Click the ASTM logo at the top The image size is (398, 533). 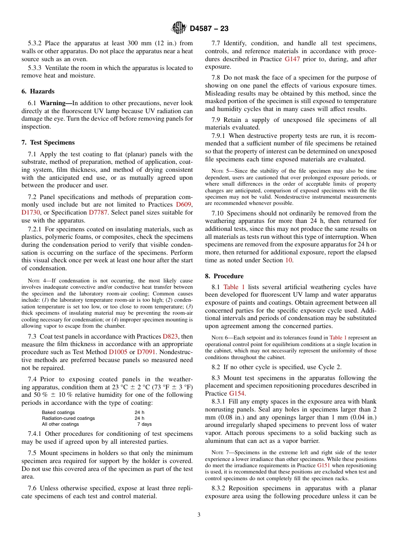point(179,28)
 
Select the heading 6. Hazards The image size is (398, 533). point(38,91)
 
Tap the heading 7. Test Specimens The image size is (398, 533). point(48,142)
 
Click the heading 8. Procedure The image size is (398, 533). point(224,276)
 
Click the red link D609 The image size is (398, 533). point(183,204)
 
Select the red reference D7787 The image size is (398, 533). point(98,212)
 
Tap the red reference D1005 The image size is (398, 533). point(118,352)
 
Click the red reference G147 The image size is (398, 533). point(292,59)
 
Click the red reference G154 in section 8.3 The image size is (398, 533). point(237,393)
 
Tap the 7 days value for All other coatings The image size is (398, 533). point(145,424)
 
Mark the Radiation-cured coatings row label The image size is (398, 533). point(68,418)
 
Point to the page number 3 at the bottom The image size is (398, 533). point(199,515)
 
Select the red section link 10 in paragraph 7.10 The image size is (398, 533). point(289,260)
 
